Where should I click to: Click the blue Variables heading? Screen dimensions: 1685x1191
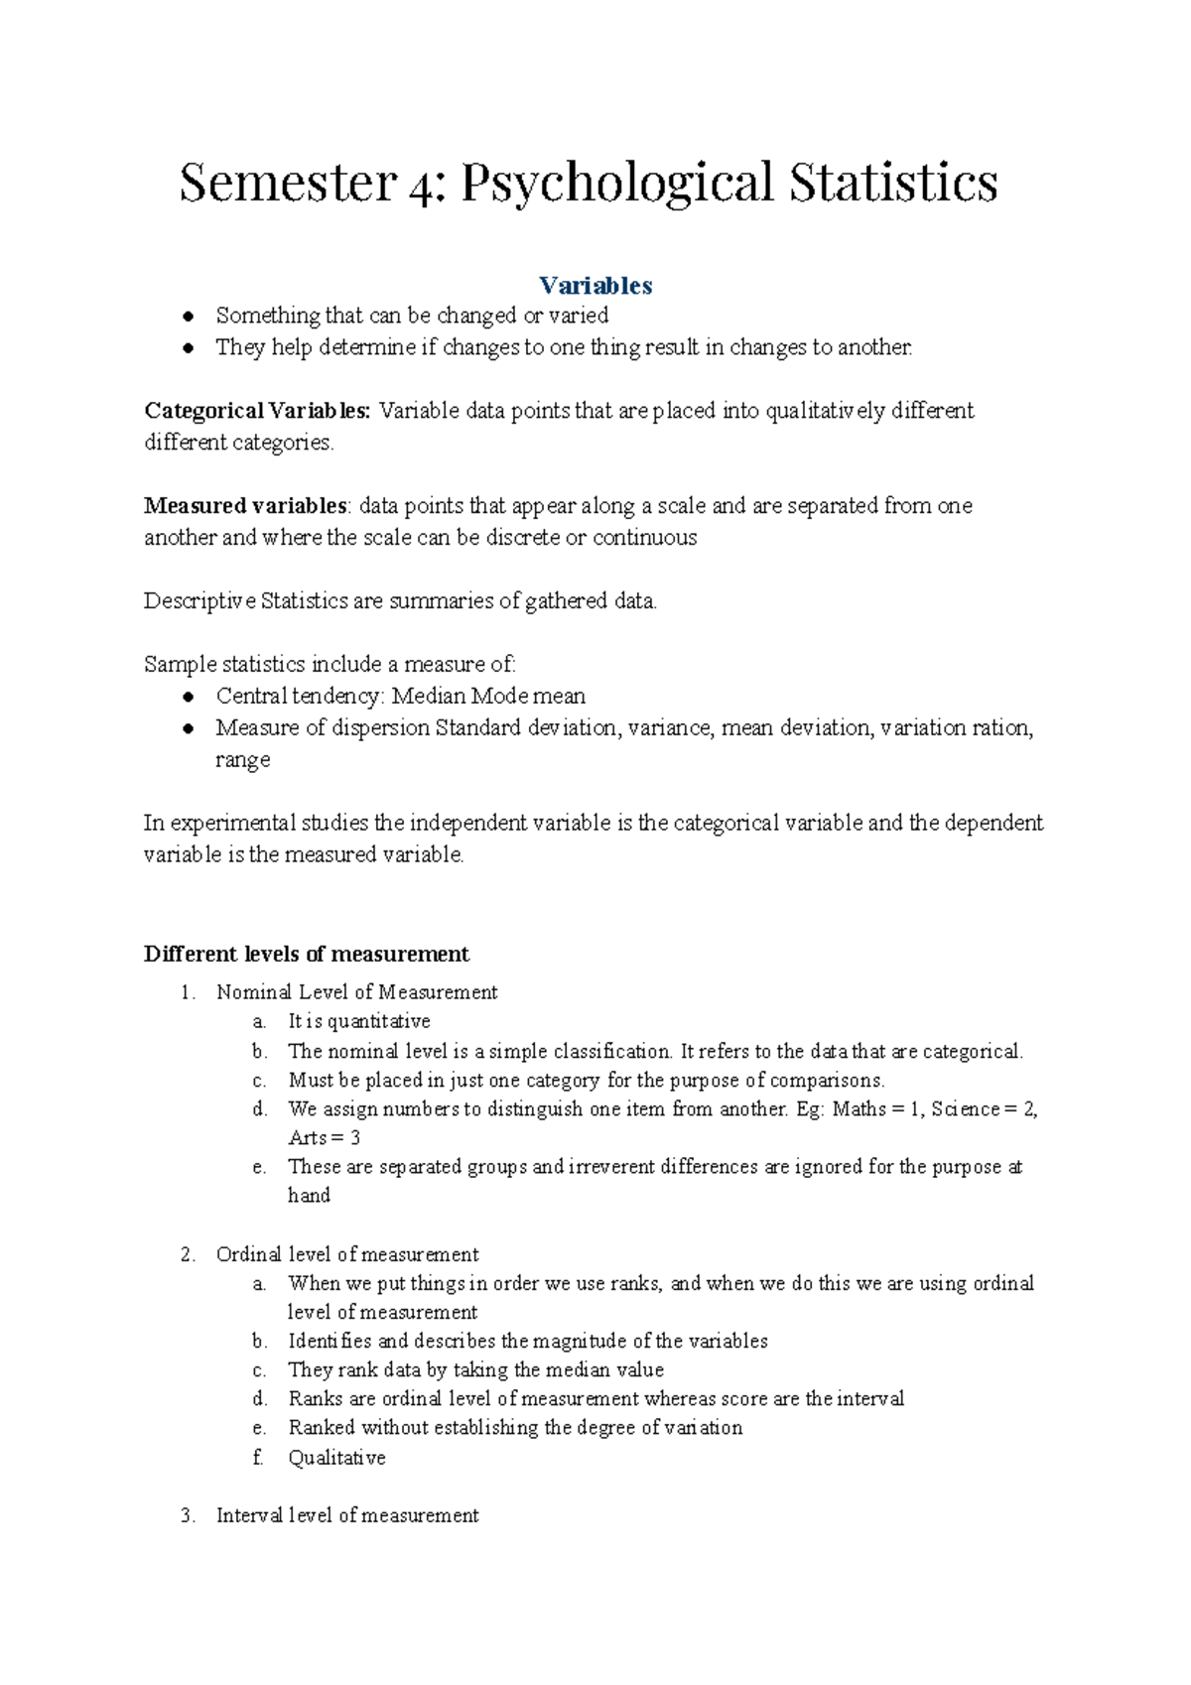(595, 286)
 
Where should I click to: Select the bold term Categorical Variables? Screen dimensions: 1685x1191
(257, 411)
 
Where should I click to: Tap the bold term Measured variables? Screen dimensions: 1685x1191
(245, 506)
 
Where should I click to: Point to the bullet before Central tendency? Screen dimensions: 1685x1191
(188, 697)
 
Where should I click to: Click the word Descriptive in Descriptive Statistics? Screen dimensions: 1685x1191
(199, 601)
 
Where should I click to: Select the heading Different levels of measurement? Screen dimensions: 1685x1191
(306, 955)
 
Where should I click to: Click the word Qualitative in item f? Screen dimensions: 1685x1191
(336, 1458)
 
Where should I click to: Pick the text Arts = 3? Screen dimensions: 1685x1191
(324, 1138)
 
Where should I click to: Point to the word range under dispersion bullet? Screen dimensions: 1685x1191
(242, 761)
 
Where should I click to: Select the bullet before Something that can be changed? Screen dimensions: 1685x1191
(188, 317)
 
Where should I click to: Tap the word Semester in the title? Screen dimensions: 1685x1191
(288, 184)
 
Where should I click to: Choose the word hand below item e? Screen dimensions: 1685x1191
(309, 1196)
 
